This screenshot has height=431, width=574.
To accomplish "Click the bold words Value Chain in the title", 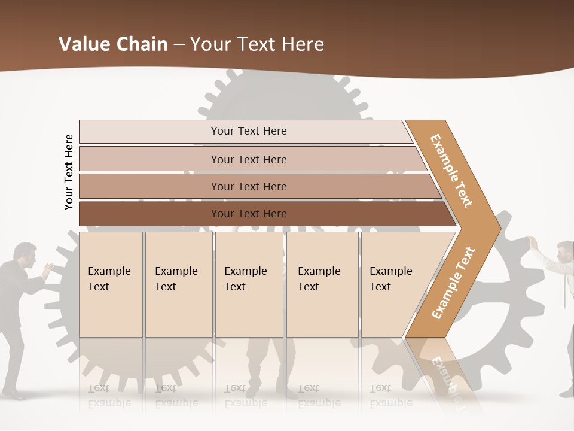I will point(113,44).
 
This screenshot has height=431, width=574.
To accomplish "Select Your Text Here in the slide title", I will point(257,44).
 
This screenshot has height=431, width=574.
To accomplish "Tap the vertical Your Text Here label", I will point(69,172).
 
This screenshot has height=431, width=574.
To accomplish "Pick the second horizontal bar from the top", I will point(248,159).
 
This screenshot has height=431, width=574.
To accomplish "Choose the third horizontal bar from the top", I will point(248,186).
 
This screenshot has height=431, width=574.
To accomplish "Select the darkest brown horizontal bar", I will point(248,214).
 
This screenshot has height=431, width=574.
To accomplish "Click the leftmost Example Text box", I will point(111,284).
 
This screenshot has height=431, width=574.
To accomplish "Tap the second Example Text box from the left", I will point(178,284).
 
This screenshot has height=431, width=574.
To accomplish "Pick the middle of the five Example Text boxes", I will point(249,284).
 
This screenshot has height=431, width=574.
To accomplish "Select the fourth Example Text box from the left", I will point(322,284).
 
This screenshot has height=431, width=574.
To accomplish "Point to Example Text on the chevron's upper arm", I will point(451,170).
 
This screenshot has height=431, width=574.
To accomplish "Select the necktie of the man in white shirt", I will point(564,287).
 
